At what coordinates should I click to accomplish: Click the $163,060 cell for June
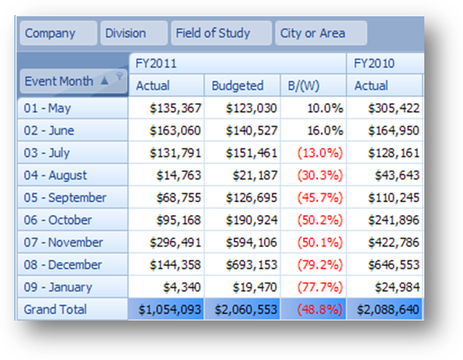[x=176, y=131]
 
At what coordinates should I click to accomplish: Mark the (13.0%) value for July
[x=320, y=153]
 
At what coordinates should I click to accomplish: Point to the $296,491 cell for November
[x=176, y=242]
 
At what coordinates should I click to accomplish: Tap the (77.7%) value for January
[x=320, y=287]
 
